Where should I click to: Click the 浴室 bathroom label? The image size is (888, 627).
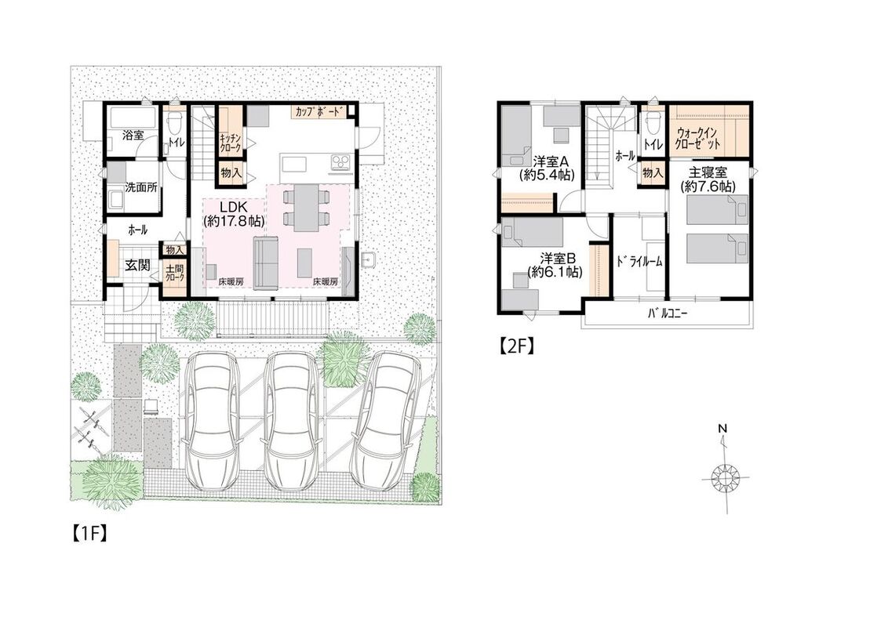point(133,136)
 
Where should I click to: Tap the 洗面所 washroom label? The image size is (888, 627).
point(141,188)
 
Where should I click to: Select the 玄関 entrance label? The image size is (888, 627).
point(137,264)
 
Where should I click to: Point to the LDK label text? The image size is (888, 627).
point(235,208)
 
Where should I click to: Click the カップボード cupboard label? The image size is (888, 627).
point(318,111)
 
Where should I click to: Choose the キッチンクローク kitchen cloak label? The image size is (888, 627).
point(231,143)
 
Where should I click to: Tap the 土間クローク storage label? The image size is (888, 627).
point(174,274)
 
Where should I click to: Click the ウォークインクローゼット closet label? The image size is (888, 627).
point(698,140)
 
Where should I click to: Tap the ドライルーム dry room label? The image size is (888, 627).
point(639,262)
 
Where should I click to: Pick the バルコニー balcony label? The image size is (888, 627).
point(668,313)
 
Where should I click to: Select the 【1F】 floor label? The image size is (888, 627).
point(89,535)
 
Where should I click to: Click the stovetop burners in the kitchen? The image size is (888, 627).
point(341,163)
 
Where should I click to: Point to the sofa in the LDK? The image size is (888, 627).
point(264,263)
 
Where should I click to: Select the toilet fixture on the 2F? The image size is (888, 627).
point(653,121)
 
